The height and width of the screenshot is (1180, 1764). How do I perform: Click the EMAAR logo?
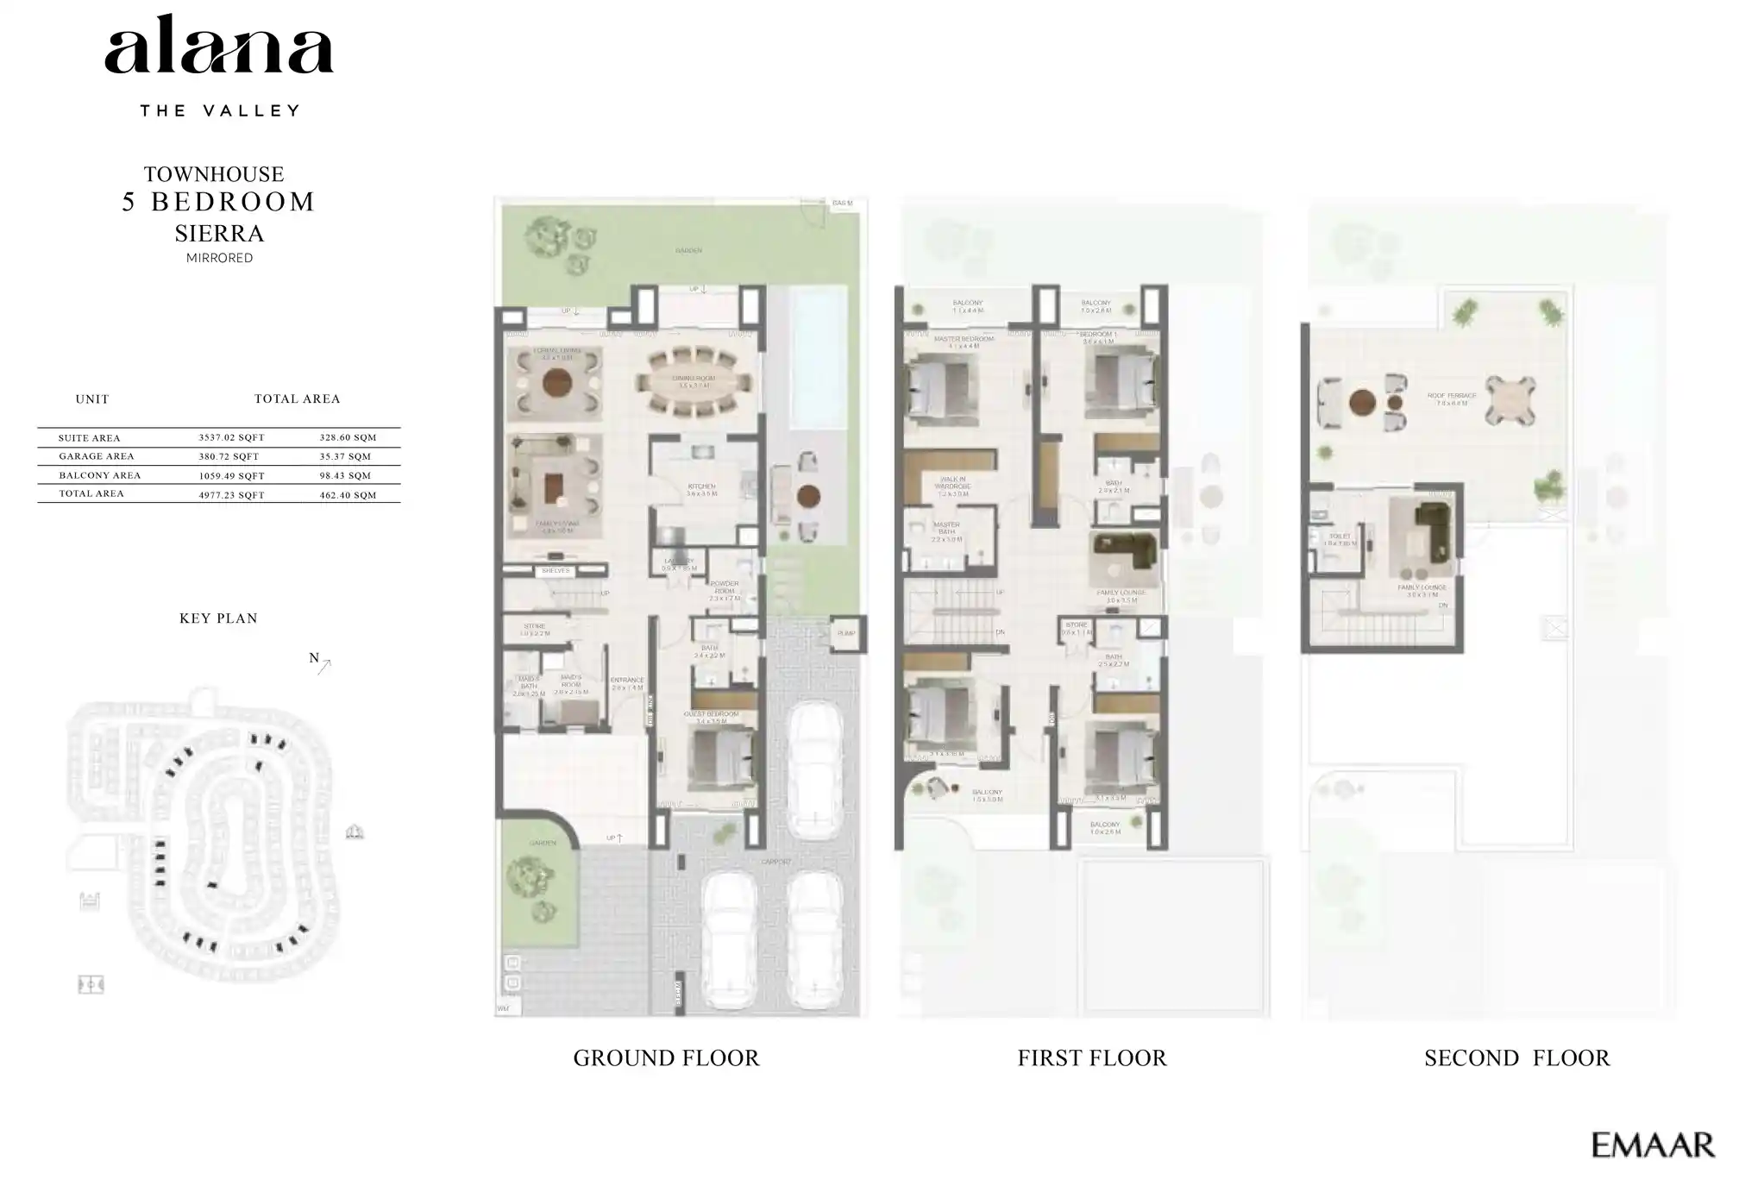click(x=1652, y=1145)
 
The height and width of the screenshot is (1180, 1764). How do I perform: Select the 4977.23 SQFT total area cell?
click(x=231, y=495)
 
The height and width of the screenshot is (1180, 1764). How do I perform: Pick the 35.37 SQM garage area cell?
click(x=345, y=456)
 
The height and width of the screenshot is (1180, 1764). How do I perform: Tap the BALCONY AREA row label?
click(x=99, y=475)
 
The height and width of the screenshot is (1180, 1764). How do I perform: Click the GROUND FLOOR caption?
click(x=666, y=1058)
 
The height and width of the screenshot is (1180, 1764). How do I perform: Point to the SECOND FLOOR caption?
click(x=1516, y=1058)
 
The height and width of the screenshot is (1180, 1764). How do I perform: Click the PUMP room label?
click(x=845, y=633)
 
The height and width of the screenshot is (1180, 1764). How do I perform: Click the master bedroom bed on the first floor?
click(x=937, y=386)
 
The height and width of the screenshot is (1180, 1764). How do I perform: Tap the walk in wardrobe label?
click(x=953, y=485)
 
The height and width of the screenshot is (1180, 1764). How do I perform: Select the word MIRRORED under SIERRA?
click(x=219, y=258)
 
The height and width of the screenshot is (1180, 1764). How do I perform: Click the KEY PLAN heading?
click(x=218, y=618)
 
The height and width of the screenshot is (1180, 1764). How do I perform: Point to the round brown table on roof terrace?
click(x=1362, y=403)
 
